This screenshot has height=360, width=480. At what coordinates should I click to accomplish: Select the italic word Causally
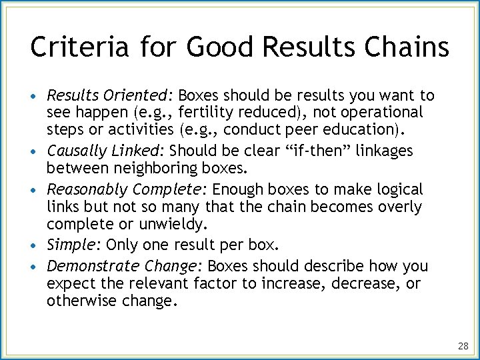point(73,151)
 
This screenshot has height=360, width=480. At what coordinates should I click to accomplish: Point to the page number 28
point(463,346)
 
